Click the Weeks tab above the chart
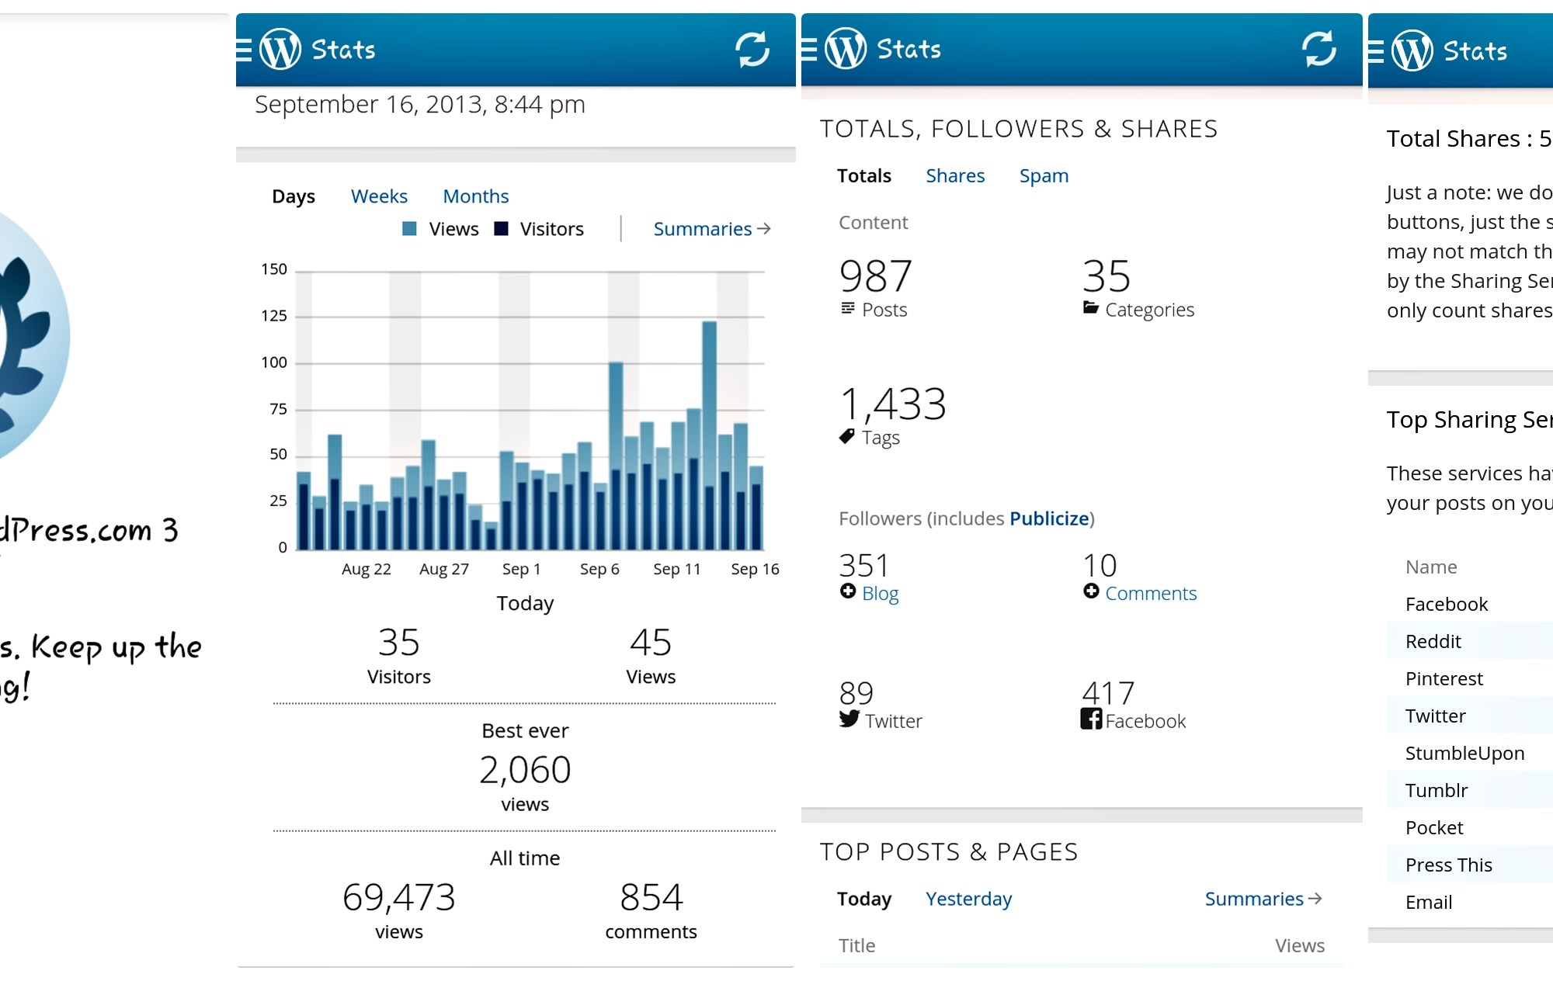tap(379, 196)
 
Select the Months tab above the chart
tap(475, 196)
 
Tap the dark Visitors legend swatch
tap(502, 229)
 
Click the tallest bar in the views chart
tap(709, 435)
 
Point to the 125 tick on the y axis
tap(274, 316)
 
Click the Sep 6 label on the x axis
tap(599, 569)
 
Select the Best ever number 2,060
tap(525, 770)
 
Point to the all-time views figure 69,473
tap(398, 897)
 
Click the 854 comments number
tap(651, 897)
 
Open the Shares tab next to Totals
tap(955, 176)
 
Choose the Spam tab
tap(1044, 176)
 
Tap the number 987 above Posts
tap(875, 276)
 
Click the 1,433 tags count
tap(893, 404)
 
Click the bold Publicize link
tap(1049, 518)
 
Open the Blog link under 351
tap(880, 594)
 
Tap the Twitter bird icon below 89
tap(849, 719)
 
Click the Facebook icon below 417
tap(1091, 719)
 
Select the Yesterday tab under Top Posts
tap(968, 899)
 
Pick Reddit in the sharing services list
tap(1433, 642)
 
